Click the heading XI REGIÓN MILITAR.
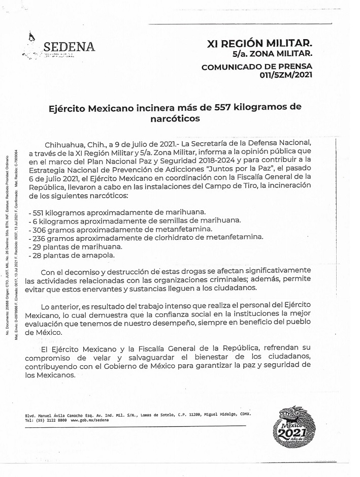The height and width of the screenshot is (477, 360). click(x=259, y=44)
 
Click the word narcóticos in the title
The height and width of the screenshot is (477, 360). click(x=175, y=119)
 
